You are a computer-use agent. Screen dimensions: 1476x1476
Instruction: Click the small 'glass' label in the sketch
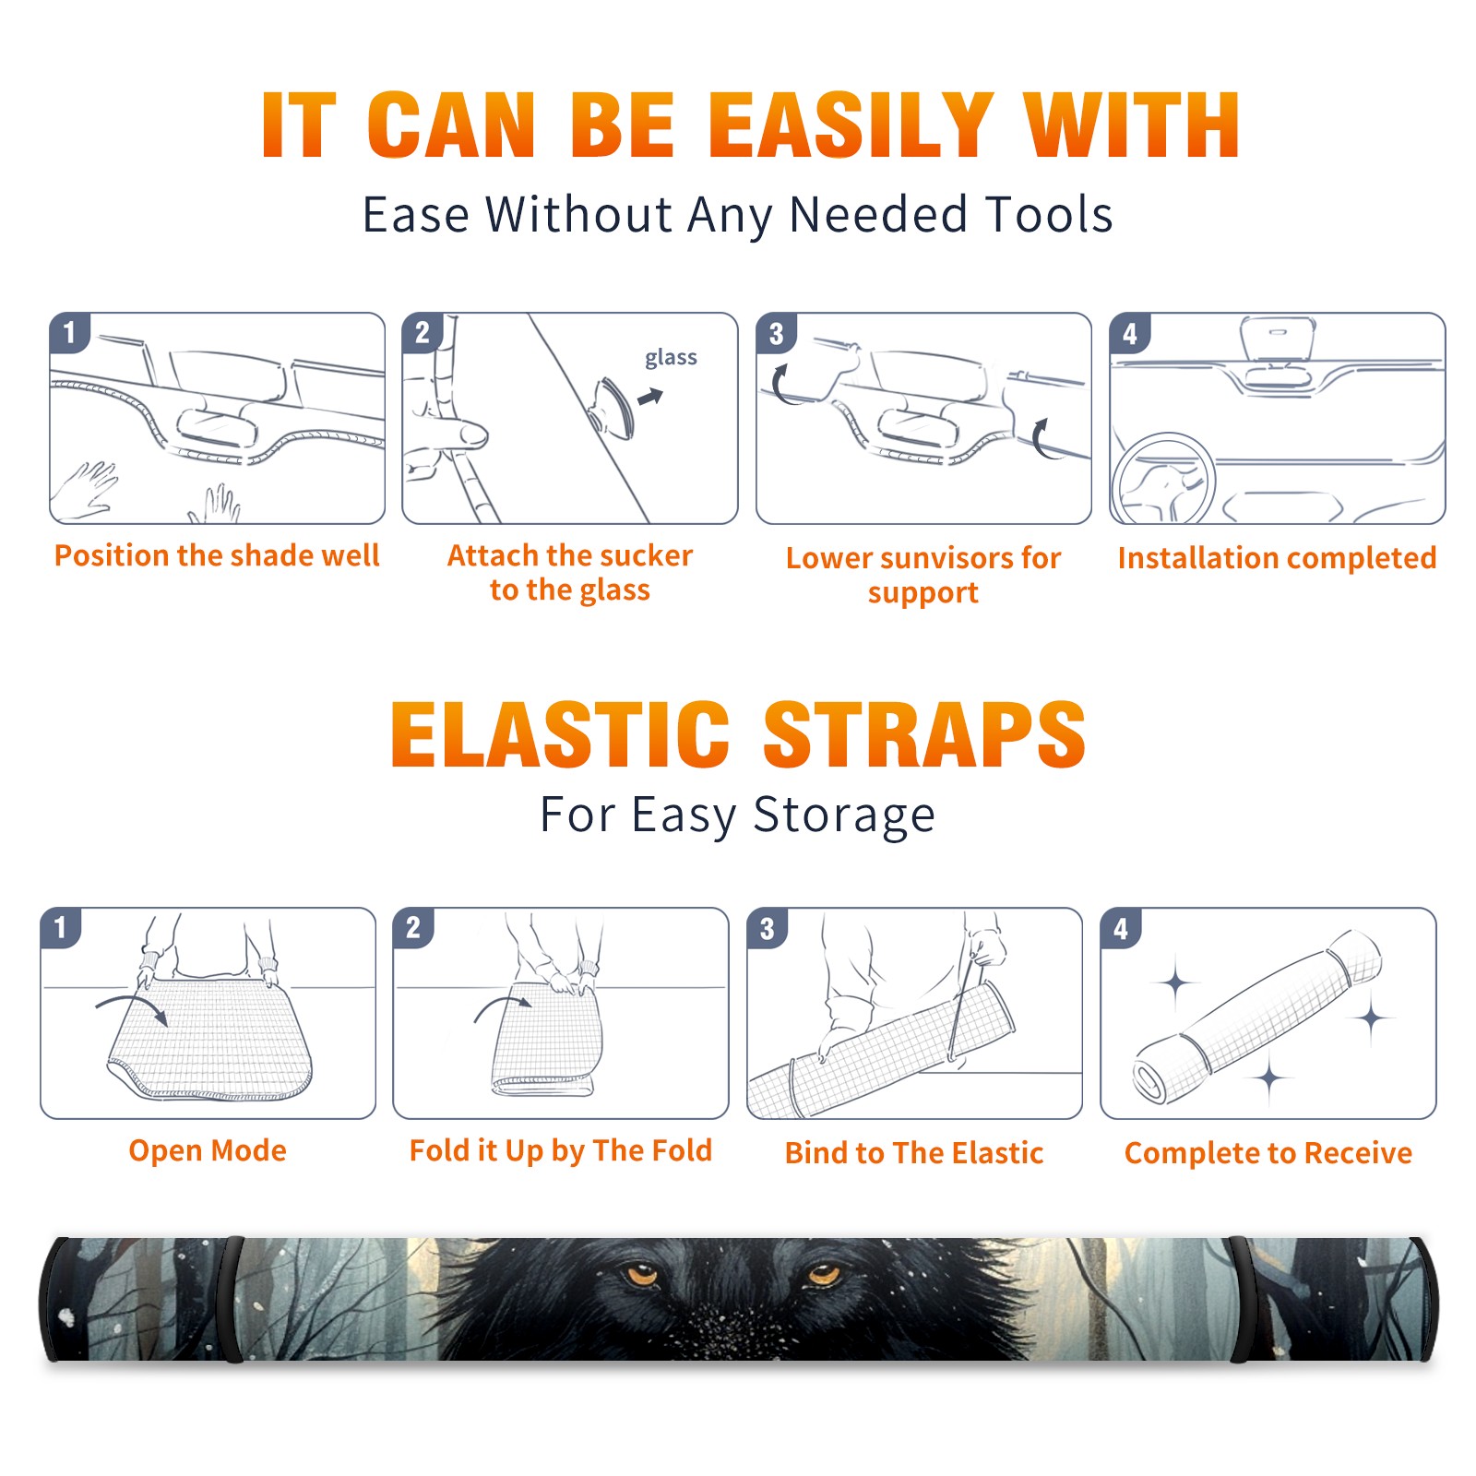coord(671,358)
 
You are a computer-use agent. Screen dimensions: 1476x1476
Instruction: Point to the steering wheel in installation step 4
coord(1163,478)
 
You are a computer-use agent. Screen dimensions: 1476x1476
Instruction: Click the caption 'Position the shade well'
coord(217,555)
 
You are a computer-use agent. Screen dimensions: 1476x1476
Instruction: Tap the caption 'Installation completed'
coord(1277,558)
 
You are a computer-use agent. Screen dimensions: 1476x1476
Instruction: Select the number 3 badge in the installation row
coord(776,333)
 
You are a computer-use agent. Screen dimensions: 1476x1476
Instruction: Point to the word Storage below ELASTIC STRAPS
coord(844,815)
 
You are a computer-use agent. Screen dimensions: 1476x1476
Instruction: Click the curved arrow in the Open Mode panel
coord(132,1006)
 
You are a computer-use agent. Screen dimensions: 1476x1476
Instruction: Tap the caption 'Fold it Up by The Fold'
coord(561,1151)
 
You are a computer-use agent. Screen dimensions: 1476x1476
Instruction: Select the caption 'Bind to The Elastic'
coord(914,1153)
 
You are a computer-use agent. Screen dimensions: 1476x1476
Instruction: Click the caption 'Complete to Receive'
coord(1268,1153)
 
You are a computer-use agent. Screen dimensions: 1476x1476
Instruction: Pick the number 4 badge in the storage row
coord(1120,928)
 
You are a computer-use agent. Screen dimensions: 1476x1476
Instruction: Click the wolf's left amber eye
coord(640,1275)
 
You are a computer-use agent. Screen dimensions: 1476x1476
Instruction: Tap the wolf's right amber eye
coord(822,1275)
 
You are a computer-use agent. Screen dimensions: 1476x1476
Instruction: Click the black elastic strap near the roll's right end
coord(1240,1299)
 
